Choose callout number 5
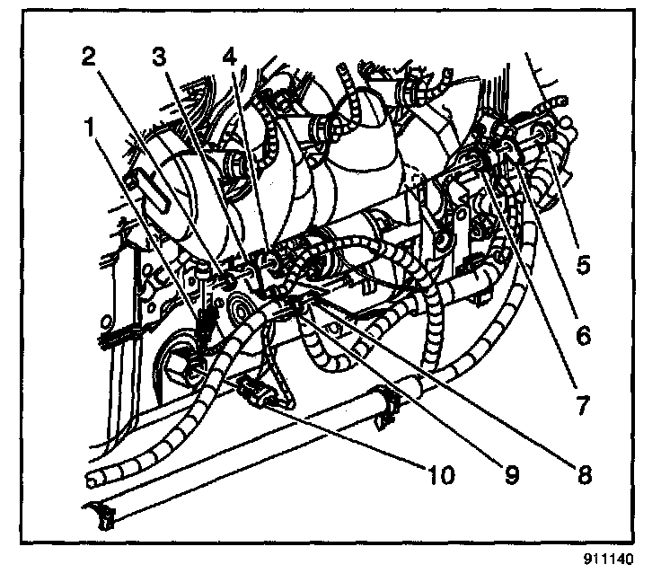[x=585, y=267]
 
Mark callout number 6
[x=585, y=336]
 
